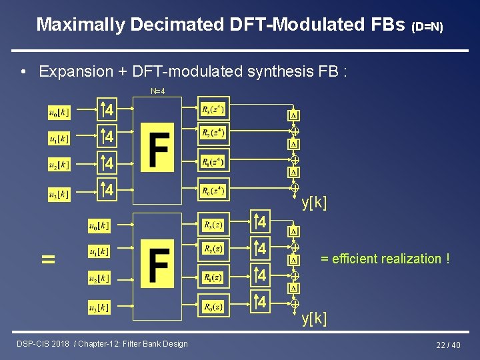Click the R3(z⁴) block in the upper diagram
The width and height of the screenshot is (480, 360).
click(x=213, y=109)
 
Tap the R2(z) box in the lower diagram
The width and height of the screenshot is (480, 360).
click(x=213, y=249)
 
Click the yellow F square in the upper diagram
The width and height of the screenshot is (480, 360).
click(x=157, y=147)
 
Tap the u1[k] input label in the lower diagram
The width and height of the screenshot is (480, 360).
click(x=99, y=252)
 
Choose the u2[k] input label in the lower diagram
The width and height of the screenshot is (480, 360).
click(x=99, y=277)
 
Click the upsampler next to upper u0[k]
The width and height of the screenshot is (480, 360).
click(x=106, y=109)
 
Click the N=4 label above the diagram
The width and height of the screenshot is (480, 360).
click(x=158, y=91)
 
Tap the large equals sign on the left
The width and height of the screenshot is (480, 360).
click(x=48, y=259)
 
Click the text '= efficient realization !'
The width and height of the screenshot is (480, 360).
click(x=385, y=259)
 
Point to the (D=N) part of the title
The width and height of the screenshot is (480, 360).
click(x=427, y=27)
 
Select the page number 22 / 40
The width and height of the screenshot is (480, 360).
click(x=448, y=345)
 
